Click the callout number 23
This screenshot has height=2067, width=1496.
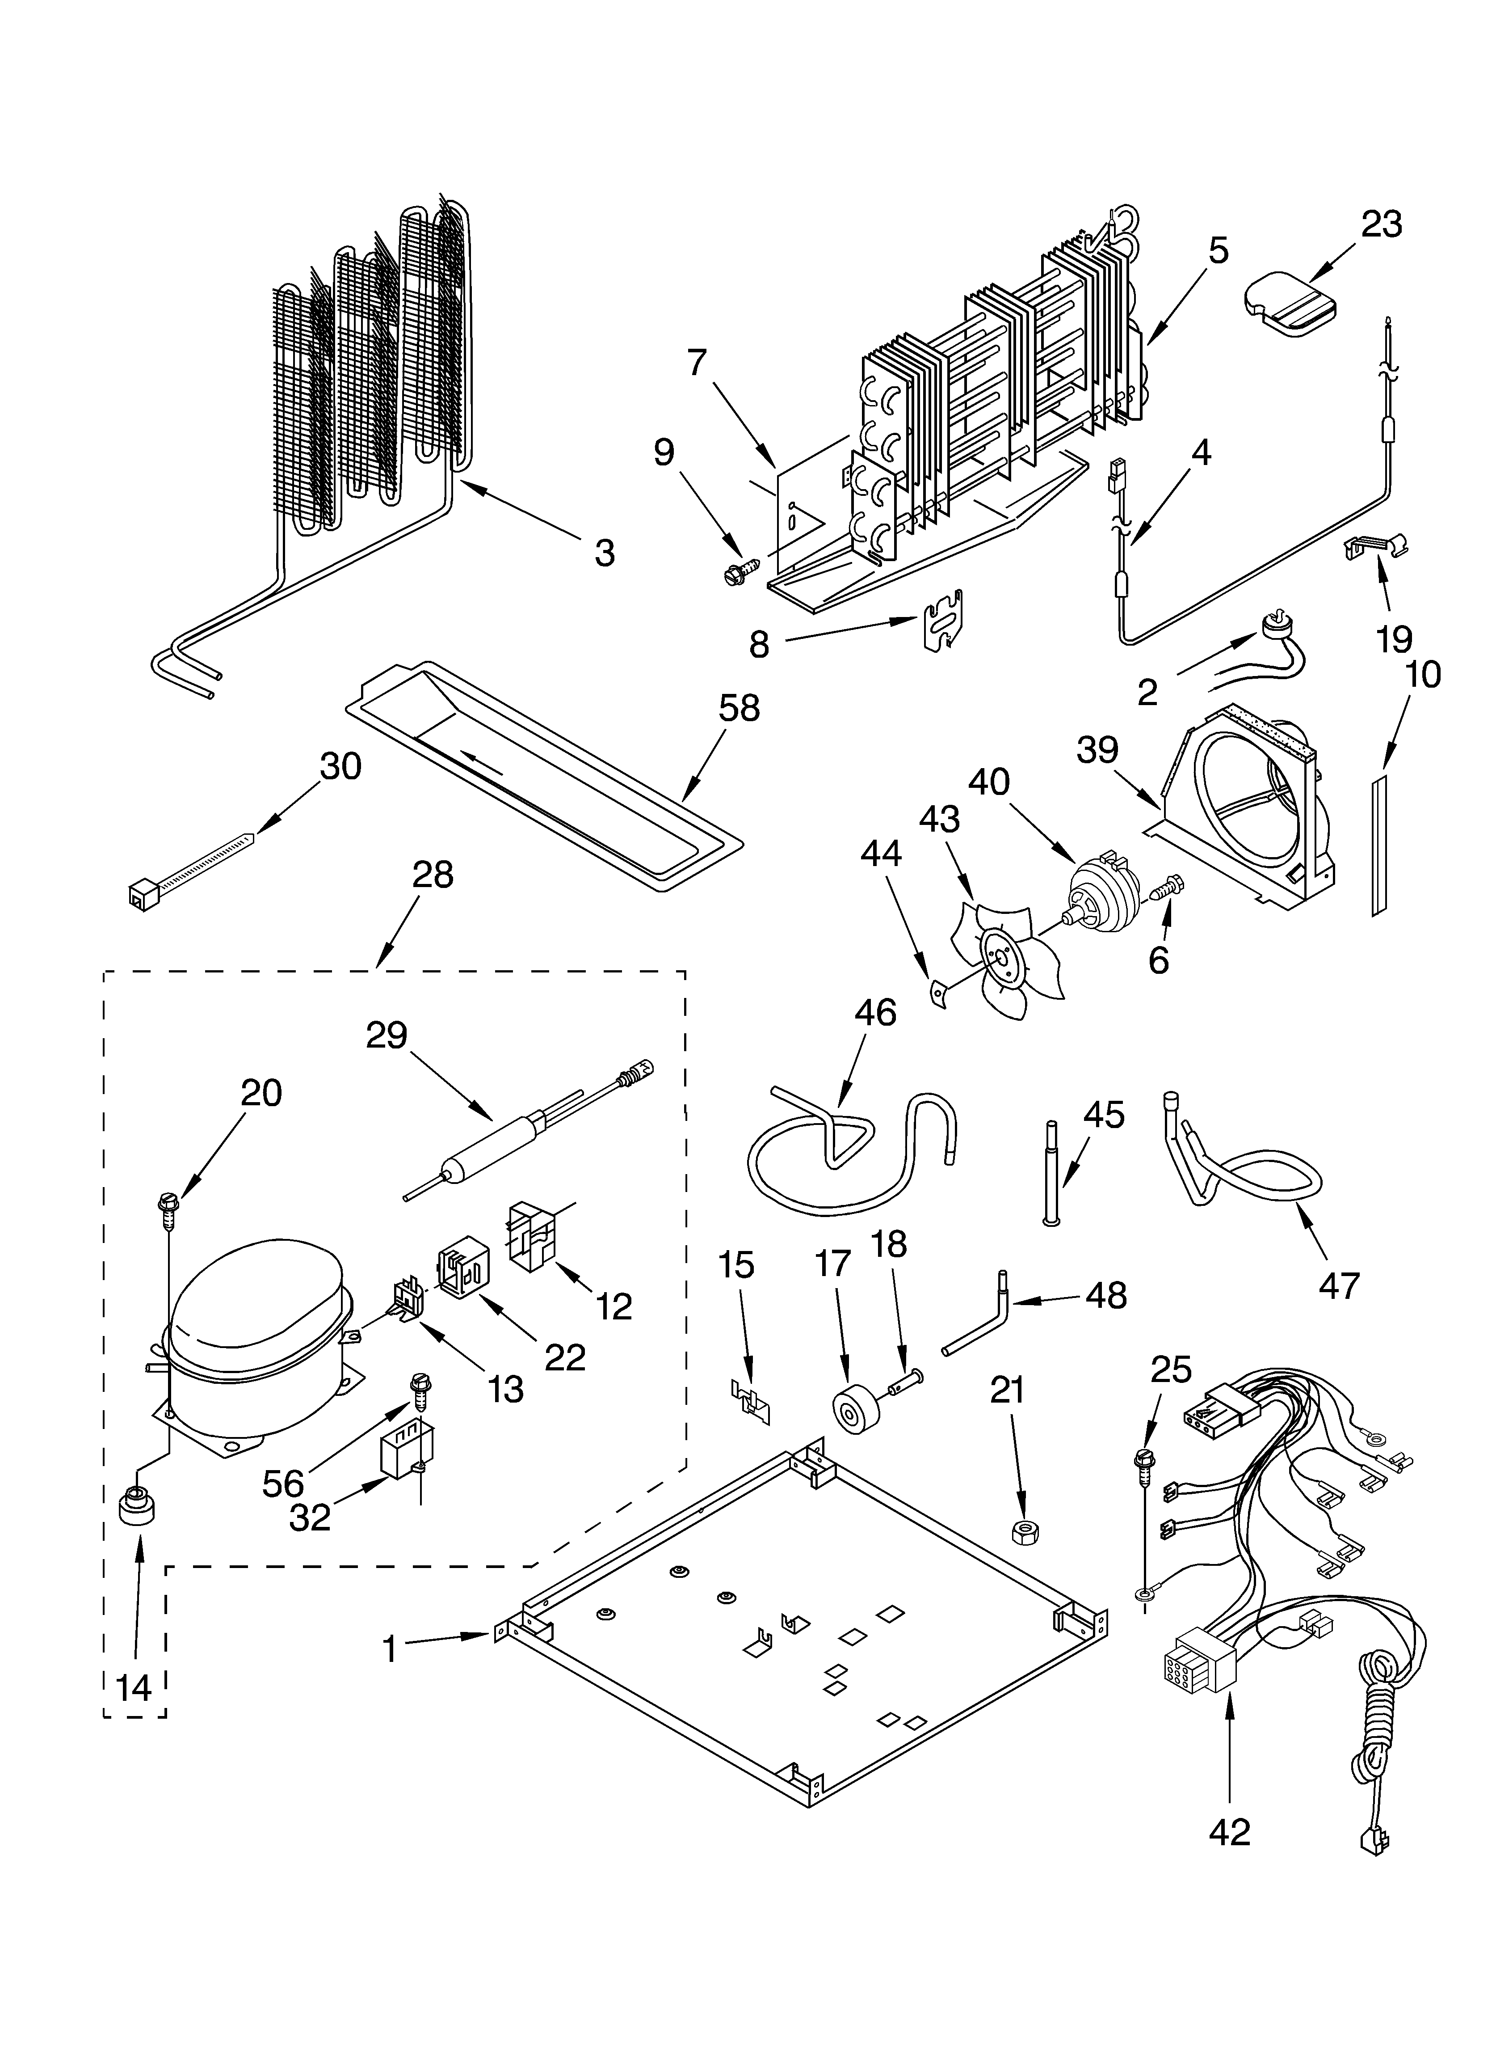point(1381,224)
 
